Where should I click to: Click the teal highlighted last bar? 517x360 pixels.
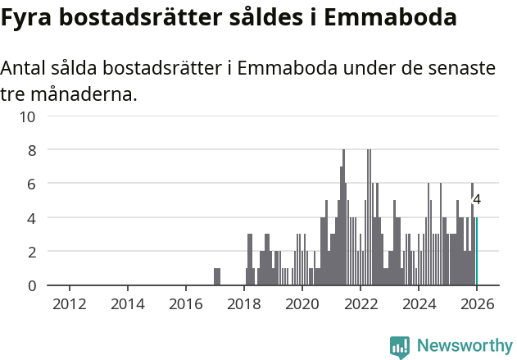point(477,252)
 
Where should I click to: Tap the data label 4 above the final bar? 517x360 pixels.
point(477,199)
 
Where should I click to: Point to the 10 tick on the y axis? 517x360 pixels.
point(28,116)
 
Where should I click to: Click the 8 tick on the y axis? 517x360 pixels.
point(31,150)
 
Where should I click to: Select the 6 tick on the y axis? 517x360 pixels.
point(31,185)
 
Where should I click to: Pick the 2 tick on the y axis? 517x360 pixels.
point(31,252)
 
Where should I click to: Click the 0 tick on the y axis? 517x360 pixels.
point(31,285)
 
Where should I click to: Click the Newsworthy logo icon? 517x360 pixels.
point(400,346)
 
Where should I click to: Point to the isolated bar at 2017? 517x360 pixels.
point(217,276)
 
